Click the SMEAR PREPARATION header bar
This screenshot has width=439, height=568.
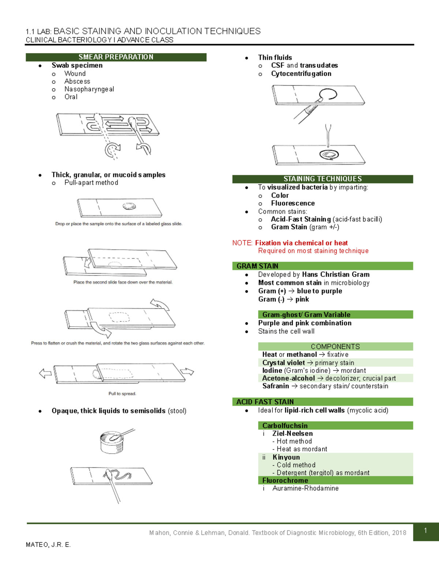coord(116,57)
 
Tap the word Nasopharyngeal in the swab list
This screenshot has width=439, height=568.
coord(89,89)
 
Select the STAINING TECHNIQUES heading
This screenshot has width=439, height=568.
coord(322,179)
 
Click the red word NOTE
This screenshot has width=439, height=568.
coord(242,243)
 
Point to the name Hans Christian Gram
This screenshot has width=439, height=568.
coord(335,274)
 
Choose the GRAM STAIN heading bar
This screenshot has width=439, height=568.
coord(257,266)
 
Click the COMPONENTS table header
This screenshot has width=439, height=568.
coord(335,346)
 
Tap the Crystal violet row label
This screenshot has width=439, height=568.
coord(284,362)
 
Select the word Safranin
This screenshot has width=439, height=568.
coord(275,386)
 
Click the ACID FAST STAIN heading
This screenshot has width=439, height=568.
coord(265,402)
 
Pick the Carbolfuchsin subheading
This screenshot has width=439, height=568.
coord(285,425)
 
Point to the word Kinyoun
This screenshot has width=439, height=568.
coord(286,457)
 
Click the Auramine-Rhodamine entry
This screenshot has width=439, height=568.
coord(305,488)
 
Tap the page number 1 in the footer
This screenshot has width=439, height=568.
coord(425,531)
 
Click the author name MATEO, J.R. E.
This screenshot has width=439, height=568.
coord(48,545)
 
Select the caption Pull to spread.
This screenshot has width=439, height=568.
coord(122,394)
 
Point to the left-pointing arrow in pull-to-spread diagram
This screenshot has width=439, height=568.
coord(45,373)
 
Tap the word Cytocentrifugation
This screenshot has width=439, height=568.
coord(301,74)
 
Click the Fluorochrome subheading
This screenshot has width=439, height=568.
coord(285,480)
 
